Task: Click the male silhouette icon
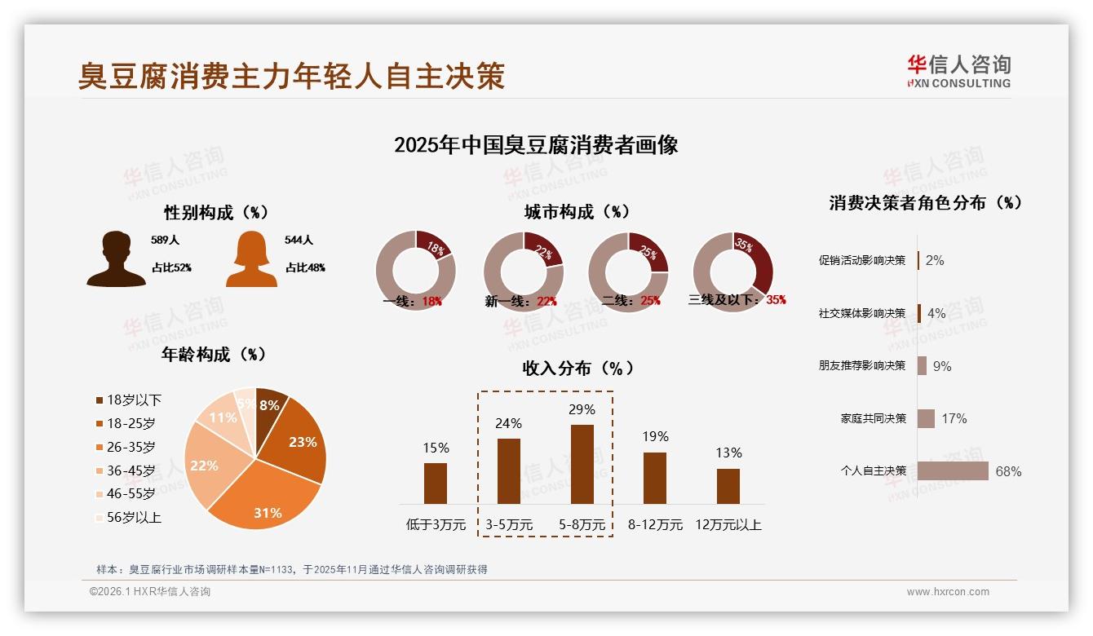click(116, 259)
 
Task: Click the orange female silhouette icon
click(251, 259)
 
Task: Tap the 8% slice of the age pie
click(270, 406)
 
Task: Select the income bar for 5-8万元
click(582, 464)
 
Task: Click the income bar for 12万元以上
click(728, 486)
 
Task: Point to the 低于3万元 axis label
click(436, 525)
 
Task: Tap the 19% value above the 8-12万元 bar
click(654, 436)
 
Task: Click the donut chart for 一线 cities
click(416, 271)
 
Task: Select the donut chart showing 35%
click(732, 271)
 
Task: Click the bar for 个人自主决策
click(952, 471)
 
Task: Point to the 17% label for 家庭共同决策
click(954, 418)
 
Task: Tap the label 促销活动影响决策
click(861, 260)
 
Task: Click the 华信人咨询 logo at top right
click(958, 72)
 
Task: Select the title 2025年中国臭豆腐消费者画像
click(536, 145)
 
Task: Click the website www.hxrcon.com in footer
click(948, 592)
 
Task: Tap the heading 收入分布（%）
click(577, 368)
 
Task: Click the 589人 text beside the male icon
click(165, 241)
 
